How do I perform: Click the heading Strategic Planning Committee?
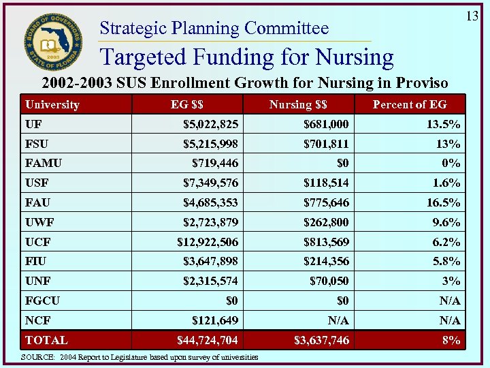(214, 29)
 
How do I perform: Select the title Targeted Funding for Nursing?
(246, 57)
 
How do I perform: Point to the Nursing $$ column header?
(298, 104)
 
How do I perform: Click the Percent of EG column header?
(410, 104)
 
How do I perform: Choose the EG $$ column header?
(186, 104)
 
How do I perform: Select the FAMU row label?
(43, 164)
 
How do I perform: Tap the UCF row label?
(38, 242)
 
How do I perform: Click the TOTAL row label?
(46, 340)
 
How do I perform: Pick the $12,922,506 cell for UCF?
(208, 242)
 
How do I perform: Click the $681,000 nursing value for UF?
(326, 124)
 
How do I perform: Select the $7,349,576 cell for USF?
(211, 183)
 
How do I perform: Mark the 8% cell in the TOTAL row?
(450, 340)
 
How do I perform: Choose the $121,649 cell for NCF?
(214, 320)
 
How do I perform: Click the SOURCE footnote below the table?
(140, 357)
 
